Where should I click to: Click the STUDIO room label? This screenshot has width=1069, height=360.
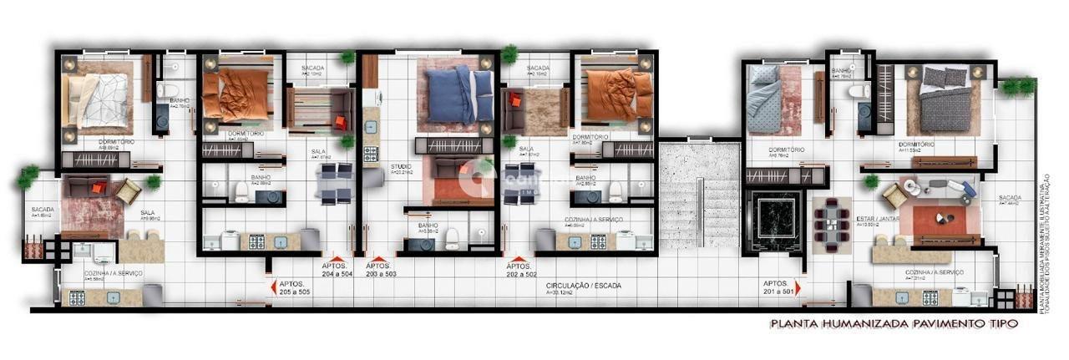(x=401, y=166)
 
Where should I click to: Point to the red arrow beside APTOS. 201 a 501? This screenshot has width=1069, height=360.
(x=798, y=287)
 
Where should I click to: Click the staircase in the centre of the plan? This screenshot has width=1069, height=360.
(x=699, y=196)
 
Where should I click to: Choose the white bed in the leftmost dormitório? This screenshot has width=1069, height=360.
(x=99, y=98)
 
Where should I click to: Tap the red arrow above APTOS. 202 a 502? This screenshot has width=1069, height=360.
(x=519, y=260)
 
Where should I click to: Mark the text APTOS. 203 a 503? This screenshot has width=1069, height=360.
(x=381, y=270)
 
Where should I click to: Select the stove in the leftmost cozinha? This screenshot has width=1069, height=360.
(x=76, y=297)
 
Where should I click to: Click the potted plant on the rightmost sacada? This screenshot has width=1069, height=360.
(x=1016, y=85)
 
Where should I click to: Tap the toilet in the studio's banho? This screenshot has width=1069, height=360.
(x=453, y=236)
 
